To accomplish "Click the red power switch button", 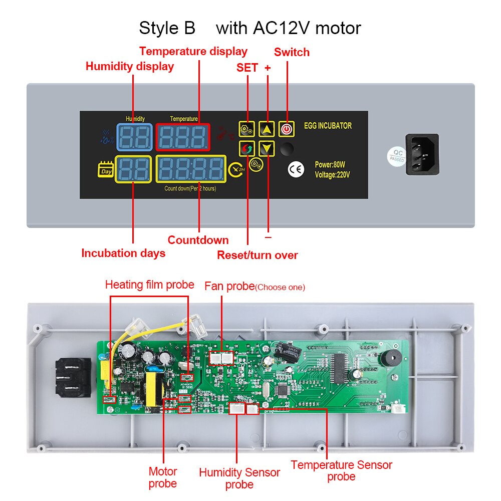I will click(x=286, y=129).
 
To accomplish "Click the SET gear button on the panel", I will click(x=247, y=129).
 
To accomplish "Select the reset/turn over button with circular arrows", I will click(x=247, y=148).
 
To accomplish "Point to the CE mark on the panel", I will click(x=296, y=169).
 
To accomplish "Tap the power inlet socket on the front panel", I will click(x=422, y=154).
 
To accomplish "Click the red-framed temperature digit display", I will click(x=182, y=137).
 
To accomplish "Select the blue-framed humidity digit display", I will click(x=134, y=137).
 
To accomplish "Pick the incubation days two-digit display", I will click(x=133, y=170).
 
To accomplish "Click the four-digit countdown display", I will click(x=191, y=170).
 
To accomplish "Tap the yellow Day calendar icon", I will click(x=106, y=170).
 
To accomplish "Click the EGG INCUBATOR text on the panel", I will click(x=328, y=126).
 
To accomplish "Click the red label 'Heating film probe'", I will click(x=149, y=285).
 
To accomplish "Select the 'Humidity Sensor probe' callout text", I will click(x=239, y=478).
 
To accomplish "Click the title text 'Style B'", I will click(x=167, y=28).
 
